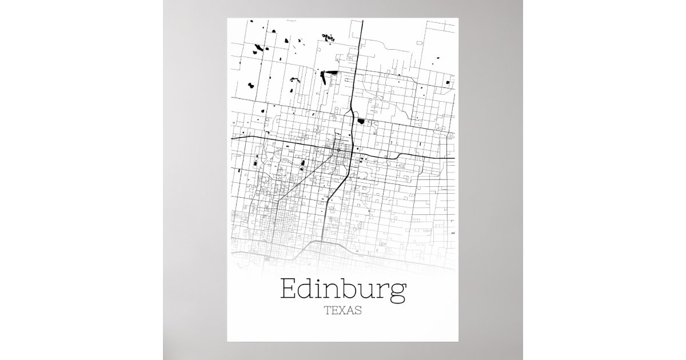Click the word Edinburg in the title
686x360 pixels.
tap(342, 290)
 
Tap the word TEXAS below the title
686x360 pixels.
tap(342, 311)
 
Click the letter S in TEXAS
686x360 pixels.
tap(358, 311)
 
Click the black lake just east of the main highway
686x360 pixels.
tap(361, 121)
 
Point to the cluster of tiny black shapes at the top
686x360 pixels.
tap(328, 37)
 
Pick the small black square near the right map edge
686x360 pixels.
tap(448, 83)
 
